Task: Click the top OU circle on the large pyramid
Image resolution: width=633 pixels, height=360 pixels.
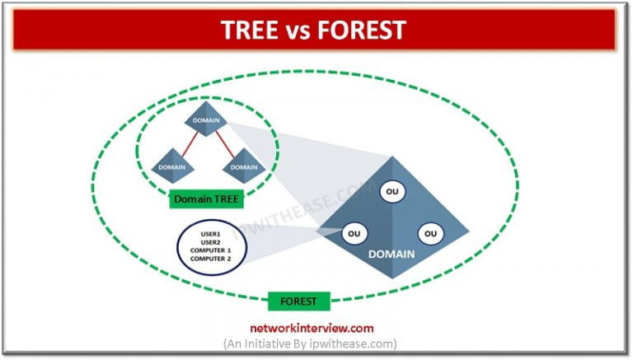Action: (x=392, y=191)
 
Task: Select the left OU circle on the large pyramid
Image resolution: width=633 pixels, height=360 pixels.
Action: (x=353, y=234)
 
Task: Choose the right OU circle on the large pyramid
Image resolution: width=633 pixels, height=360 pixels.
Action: (x=429, y=234)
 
